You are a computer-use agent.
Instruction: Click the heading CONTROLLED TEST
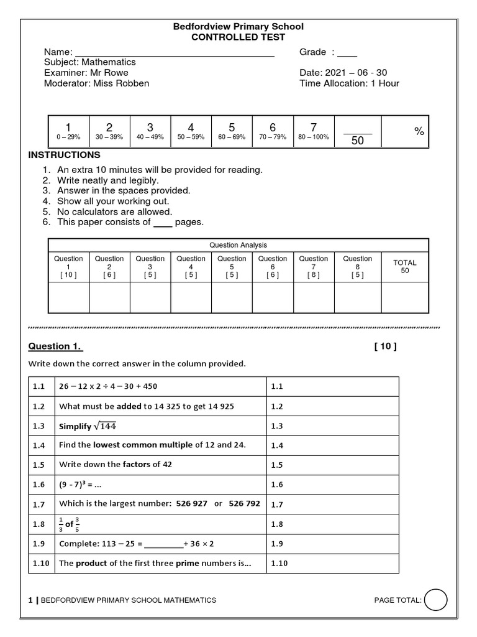point(238,37)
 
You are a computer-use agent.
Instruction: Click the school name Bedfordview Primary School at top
point(238,27)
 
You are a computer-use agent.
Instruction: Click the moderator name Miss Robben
point(121,83)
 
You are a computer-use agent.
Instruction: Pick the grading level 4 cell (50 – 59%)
point(191,131)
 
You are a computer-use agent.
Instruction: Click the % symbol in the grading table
point(419,131)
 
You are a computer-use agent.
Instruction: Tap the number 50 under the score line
point(357,141)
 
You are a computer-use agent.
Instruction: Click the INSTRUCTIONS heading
point(65,155)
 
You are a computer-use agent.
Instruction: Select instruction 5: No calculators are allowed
point(115,212)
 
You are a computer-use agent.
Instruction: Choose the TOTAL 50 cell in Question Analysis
point(404,266)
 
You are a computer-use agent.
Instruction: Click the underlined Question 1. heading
point(56,346)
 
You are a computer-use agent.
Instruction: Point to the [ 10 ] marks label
point(385,346)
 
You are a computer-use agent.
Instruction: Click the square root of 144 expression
point(105,426)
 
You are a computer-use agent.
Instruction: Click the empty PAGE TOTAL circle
point(437,600)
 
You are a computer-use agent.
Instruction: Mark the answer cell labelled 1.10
point(332,564)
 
